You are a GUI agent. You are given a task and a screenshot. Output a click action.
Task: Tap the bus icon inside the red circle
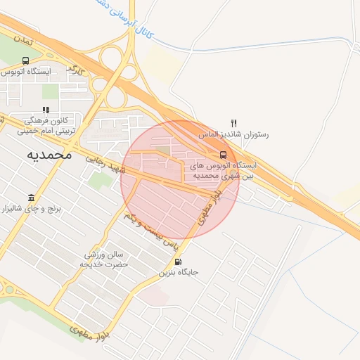click(223, 155)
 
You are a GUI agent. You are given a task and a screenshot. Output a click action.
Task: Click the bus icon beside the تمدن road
click(26, 60)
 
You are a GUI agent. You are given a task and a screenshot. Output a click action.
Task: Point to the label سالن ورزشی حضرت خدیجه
click(104, 259)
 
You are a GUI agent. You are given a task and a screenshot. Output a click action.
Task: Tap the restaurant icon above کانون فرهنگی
click(46, 110)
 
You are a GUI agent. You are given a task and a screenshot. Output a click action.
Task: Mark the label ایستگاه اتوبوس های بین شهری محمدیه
click(224, 170)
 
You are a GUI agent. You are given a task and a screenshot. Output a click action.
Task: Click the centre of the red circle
click(180, 180)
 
